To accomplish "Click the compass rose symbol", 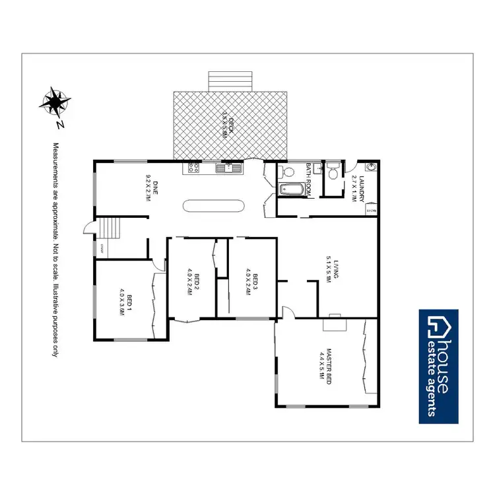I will tap(55, 102).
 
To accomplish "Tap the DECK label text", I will tap(228, 123).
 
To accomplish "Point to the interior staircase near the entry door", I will tap(110, 229).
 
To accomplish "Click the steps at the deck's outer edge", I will tap(230, 81).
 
